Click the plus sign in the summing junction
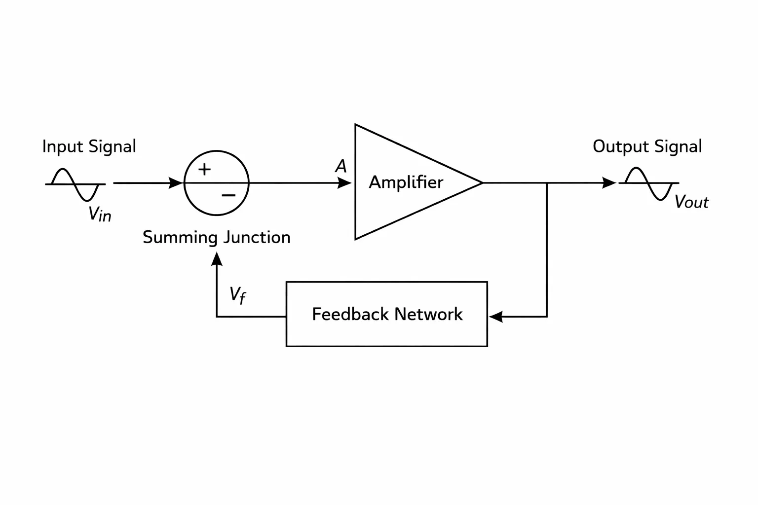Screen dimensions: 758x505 click(x=204, y=169)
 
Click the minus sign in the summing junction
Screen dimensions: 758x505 click(x=228, y=195)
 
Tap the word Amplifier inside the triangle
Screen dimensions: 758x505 click(x=406, y=182)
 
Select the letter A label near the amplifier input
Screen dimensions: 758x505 click(x=341, y=166)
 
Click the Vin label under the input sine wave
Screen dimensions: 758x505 click(x=100, y=214)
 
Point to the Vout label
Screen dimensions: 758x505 click(x=691, y=202)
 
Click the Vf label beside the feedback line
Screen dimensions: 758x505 click(x=237, y=295)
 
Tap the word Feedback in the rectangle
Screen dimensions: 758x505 click(x=350, y=314)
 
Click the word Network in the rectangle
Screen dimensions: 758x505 click(x=428, y=314)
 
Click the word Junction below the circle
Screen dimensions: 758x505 click(x=257, y=237)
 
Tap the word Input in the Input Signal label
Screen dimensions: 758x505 click(x=63, y=147)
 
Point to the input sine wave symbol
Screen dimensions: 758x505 click(x=75, y=184)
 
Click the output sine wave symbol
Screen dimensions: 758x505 click(x=649, y=183)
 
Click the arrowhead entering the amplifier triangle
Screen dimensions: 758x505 click(x=344, y=183)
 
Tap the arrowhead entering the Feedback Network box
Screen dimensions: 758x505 click(x=496, y=317)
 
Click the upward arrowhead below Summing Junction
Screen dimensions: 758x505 click(x=217, y=259)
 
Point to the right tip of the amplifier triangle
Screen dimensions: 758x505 click(x=482, y=182)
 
